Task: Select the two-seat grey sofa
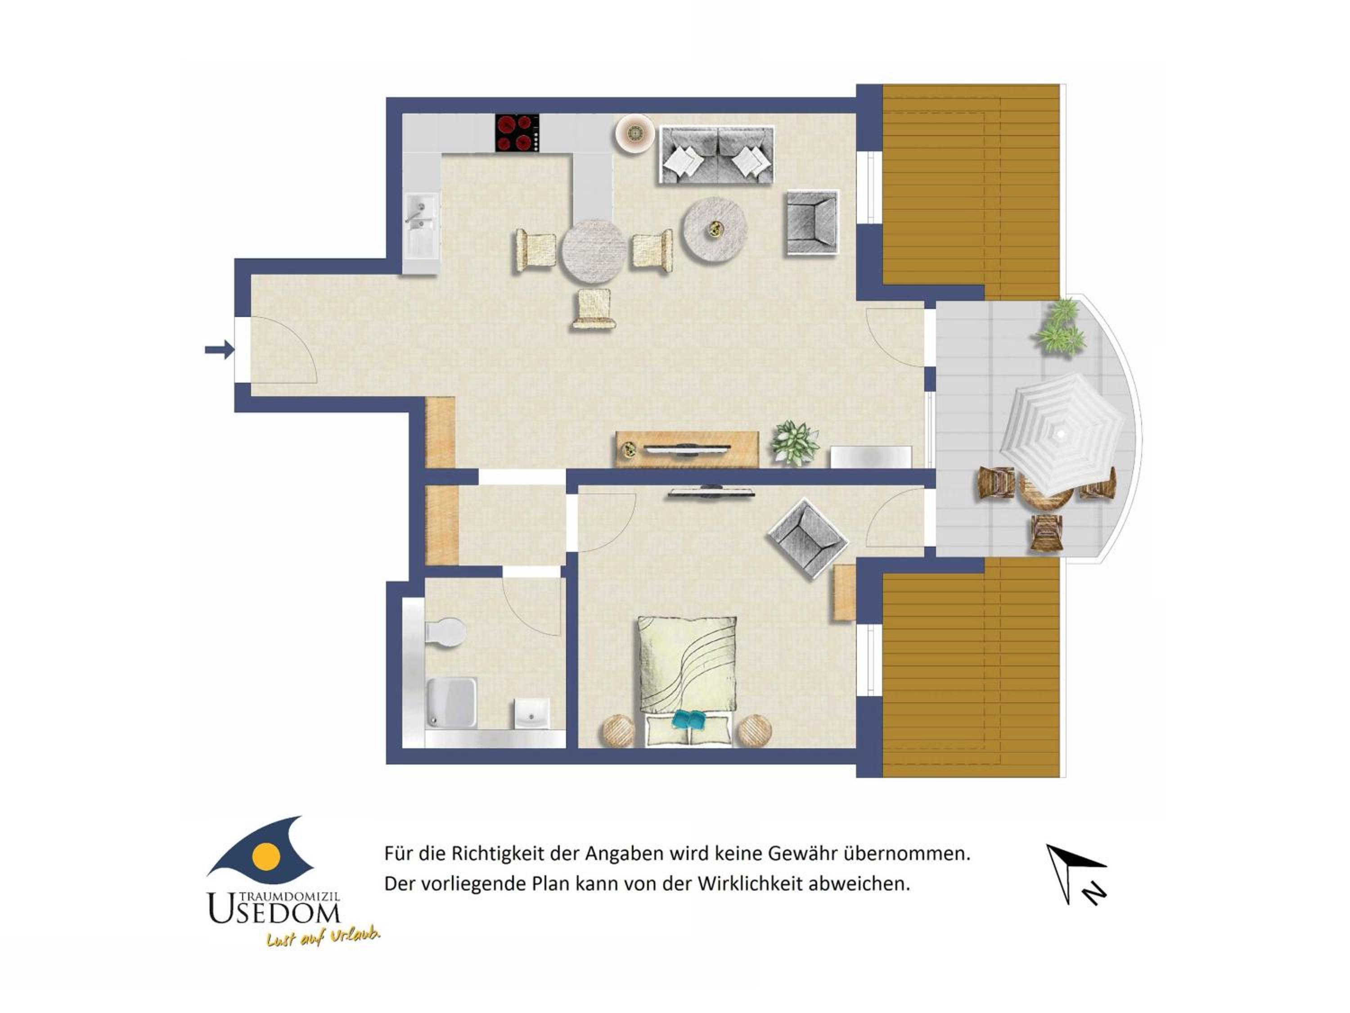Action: click(716, 154)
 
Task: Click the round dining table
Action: click(594, 250)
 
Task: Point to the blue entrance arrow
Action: click(219, 350)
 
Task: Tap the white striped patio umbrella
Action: click(1062, 433)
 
